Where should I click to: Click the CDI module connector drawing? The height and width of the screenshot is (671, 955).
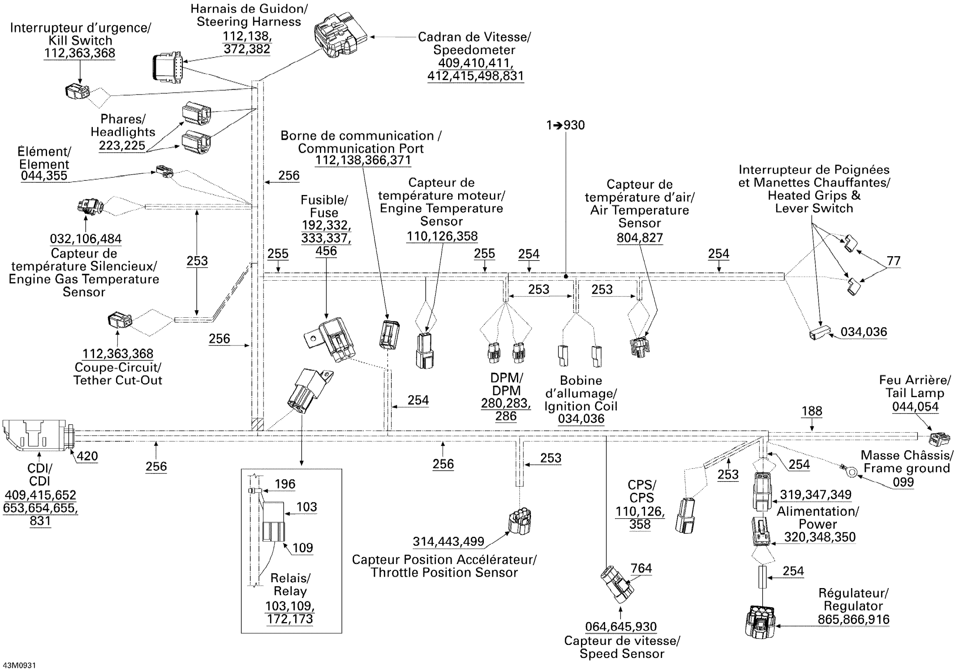[36, 435]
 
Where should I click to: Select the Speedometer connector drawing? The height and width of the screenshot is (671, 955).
[340, 37]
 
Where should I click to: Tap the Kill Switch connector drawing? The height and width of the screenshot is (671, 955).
[77, 92]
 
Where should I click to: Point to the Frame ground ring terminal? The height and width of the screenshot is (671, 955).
[852, 471]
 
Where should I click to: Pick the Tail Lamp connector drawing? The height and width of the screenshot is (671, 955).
[940, 437]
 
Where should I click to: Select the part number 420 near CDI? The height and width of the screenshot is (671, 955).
[87, 456]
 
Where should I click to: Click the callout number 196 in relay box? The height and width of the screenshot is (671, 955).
[285, 484]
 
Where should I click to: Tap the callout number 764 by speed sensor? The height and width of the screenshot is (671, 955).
[641, 568]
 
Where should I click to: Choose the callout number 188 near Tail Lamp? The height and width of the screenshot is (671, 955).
[812, 411]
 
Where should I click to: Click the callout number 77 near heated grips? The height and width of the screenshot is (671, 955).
[893, 261]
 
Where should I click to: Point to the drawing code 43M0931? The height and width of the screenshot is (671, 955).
[19, 665]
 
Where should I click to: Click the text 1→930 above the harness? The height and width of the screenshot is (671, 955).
[565, 125]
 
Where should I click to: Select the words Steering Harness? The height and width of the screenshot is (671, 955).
[249, 22]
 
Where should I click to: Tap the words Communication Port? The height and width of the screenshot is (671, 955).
[361, 148]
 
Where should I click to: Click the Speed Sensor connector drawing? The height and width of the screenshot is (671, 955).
[617, 584]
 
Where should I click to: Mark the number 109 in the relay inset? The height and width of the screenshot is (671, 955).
[303, 547]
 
